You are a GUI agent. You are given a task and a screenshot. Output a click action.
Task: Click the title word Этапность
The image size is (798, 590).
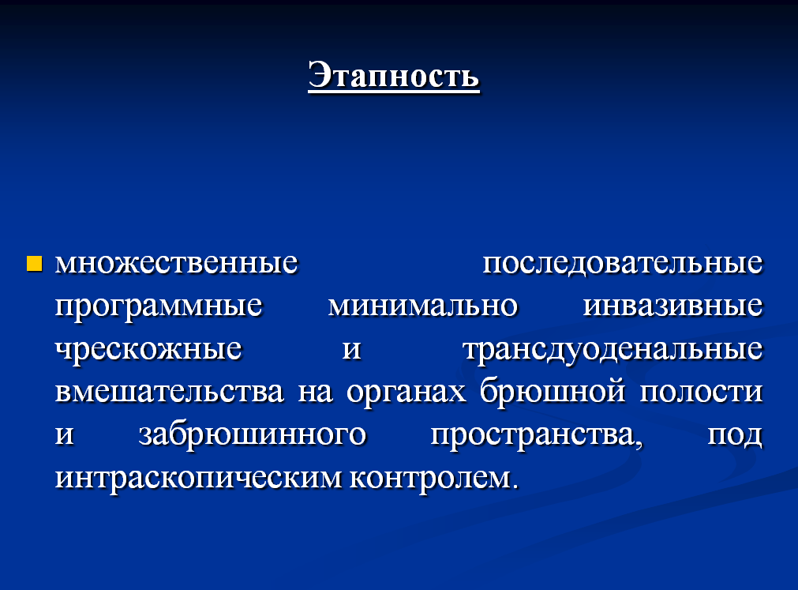point(393,76)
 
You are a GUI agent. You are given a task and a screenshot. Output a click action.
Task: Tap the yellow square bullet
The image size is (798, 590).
point(34,264)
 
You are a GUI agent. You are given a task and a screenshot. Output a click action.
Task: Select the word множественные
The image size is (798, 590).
point(176,263)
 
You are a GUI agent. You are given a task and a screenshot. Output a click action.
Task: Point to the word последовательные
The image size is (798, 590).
point(623,264)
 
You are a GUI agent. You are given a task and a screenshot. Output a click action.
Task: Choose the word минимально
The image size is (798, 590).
point(422,306)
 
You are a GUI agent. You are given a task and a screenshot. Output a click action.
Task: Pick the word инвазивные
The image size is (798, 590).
point(672,306)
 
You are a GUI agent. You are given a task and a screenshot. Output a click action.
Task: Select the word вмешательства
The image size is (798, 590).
point(169,392)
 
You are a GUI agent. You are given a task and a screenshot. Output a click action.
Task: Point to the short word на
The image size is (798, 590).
point(315,393)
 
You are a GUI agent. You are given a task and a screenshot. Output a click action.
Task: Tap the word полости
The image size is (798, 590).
point(701,393)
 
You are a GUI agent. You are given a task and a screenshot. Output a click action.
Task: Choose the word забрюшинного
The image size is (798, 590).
point(253,434)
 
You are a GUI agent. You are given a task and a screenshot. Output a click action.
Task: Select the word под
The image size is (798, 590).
point(735,435)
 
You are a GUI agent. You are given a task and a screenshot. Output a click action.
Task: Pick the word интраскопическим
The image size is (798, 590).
point(198,479)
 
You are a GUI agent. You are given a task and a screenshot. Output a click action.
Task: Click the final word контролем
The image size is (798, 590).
point(433,479)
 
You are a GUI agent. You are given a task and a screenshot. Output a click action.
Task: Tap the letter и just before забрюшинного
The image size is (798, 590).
point(64,436)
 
